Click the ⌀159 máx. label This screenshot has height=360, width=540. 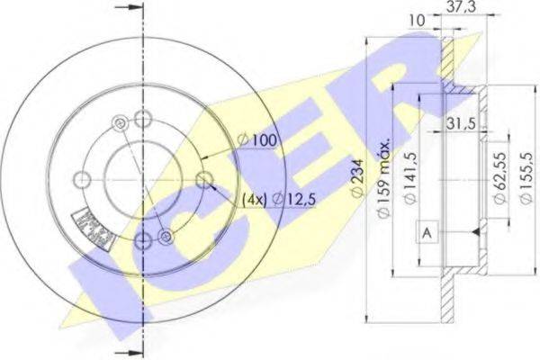(x=384, y=180)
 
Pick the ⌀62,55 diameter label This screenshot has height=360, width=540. (x=498, y=179)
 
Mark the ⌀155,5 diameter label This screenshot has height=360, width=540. (x=526, y=179)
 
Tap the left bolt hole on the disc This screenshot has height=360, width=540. (x=82, y=178)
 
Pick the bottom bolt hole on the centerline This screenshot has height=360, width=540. (x=143, y=240)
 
